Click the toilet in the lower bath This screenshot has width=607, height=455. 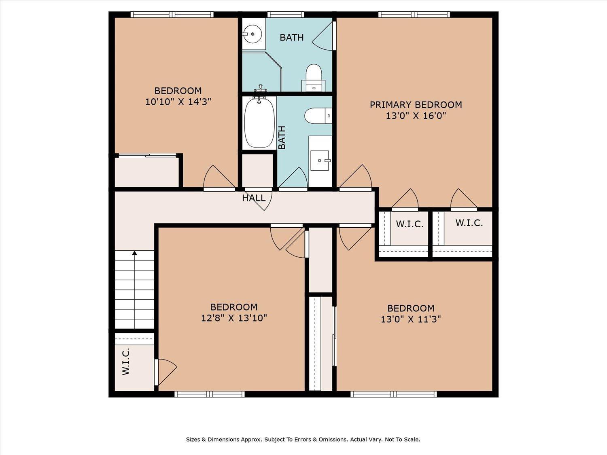318,115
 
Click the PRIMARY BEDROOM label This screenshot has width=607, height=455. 416,105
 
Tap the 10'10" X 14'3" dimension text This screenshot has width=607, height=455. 178,102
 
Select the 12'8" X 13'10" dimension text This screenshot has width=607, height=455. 234,318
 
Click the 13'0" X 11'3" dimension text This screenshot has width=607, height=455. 410,319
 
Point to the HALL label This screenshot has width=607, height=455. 254,198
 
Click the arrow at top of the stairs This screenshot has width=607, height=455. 134,253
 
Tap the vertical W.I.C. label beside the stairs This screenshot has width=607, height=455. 126,361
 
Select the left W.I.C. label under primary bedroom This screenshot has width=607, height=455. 410,224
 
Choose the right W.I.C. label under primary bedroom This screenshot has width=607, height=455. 469,222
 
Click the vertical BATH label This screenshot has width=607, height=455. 282,138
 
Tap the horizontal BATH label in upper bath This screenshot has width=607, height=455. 291,38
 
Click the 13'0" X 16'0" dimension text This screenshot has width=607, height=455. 416,116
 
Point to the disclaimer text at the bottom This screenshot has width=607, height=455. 303,439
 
